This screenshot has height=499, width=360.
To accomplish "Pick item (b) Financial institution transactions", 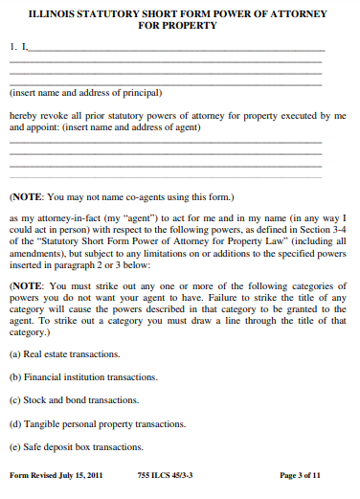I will (x=79, y=377).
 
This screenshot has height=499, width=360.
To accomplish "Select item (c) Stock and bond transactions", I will (x=74, y=400).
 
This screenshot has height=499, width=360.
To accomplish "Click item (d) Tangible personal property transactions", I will (x=97, y=422).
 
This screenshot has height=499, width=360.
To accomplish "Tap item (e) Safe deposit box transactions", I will (x=76, y=445).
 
